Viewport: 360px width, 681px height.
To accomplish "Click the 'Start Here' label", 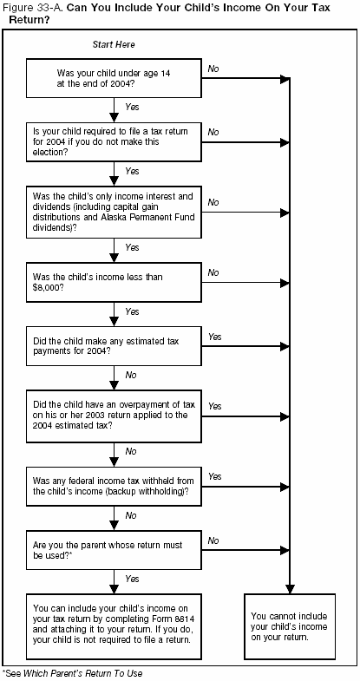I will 114,44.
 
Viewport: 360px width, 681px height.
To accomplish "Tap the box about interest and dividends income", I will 113,213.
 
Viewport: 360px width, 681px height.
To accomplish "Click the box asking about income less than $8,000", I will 113,282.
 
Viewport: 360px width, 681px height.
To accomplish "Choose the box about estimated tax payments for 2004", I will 113,346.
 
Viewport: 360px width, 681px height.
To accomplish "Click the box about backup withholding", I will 113,485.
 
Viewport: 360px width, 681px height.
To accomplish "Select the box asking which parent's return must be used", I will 113,547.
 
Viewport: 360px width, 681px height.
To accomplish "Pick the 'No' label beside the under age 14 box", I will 213,67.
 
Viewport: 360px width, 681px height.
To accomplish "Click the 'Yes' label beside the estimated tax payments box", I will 215,336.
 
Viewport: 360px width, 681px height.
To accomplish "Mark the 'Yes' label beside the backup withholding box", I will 215,476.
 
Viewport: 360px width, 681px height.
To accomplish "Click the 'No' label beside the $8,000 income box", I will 213,272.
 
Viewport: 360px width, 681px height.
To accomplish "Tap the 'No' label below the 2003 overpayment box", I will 132,451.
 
